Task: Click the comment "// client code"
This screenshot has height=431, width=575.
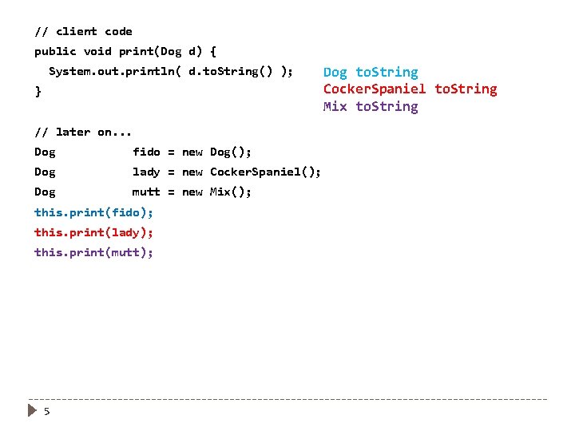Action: coord(83,32)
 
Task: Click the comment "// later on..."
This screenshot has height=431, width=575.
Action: coord(83,132)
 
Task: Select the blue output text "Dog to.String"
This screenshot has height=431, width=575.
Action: coord(370,73)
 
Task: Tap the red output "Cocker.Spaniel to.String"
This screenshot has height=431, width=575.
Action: coord(410,89)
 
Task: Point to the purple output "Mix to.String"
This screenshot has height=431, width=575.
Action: coord(370,107)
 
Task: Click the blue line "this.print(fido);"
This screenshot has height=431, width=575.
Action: coord(93,212)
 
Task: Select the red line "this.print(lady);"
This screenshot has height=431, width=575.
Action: coord(93,232)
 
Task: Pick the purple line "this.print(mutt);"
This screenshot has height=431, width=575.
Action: coord(93,252)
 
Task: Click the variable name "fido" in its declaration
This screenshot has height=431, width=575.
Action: coord(146,152)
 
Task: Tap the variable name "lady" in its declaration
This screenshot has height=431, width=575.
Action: coord(146,172)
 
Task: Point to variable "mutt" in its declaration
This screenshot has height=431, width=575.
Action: coord(146,192)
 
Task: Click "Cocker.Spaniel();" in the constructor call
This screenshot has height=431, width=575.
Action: coord(265,172)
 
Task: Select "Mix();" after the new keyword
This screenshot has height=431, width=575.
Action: coord(231,192)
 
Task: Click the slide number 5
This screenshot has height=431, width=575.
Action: coord(47,411)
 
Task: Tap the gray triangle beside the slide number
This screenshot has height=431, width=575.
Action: coord(31,411)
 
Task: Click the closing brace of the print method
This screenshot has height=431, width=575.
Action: coord(38,92)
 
